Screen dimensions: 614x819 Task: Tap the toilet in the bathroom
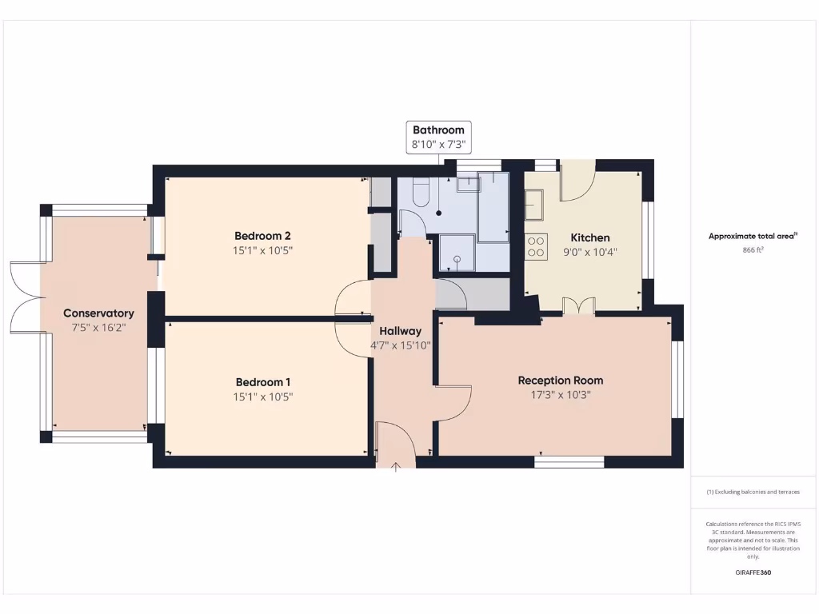pyautogui.click(x=421, y=192)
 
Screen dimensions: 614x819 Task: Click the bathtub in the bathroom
pyautogui.click(x=493, y=205)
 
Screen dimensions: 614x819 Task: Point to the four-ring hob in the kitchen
pyautogui.click(x=536, y=246)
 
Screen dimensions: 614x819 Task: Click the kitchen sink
pyautogui.click(x=534, y=205)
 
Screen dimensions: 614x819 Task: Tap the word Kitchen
pyautogui.click(x=589, y=237)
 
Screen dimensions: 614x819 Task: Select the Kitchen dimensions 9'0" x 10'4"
pyautogui.click(x=589, y=252)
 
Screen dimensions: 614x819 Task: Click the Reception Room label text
pyautogui.click(x=560, y=380)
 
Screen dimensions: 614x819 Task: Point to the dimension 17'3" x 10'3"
pyautogui.click(x=560, y=395)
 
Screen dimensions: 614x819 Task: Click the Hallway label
pyautogui.click(x=400, y=331)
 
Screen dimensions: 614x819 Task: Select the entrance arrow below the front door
pyautogui.click(x=395, y=466)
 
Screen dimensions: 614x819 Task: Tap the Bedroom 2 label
pyautogui.click(x=262, y=236)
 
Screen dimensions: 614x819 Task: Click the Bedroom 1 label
pyautogui.click(x=263, y=382)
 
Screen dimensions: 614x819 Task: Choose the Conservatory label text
pyautogui.click(x=98, y=313)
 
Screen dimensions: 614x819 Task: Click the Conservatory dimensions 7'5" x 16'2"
pyautogui.click(x=98, y=328)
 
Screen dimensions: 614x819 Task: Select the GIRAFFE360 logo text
pyautogui.click(x=753, y=572)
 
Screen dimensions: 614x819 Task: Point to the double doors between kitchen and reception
pyautogui.click(x=578, y=305)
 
